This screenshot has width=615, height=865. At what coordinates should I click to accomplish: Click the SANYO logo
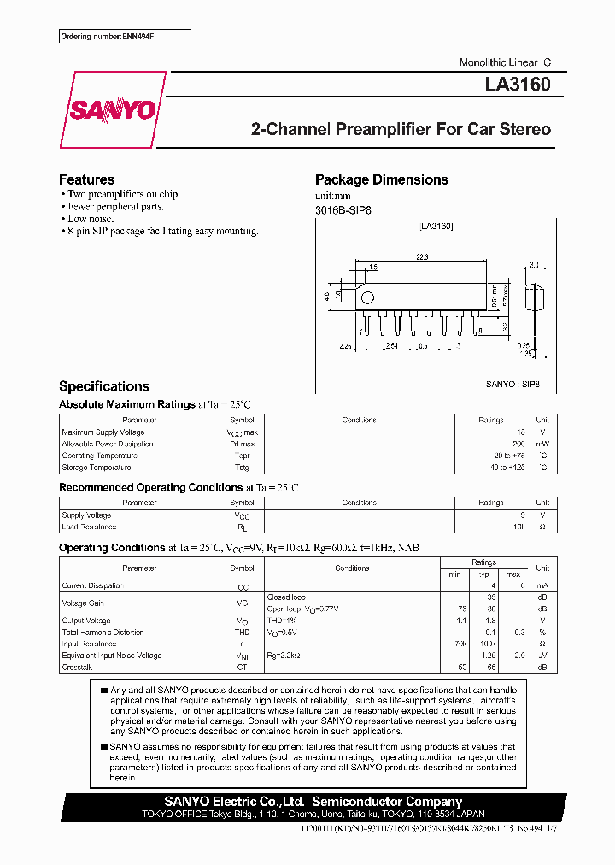coord(114,109)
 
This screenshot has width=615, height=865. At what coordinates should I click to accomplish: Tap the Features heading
coord(86,179)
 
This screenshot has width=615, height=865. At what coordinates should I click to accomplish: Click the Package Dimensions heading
coord(381,179)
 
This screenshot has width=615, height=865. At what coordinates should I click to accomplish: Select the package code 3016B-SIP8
coord(343,209)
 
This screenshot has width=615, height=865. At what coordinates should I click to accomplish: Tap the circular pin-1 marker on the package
coord(368,298)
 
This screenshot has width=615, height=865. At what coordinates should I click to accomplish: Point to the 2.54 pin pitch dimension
coord(393,345)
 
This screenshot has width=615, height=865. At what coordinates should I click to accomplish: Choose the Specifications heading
coord(104,386)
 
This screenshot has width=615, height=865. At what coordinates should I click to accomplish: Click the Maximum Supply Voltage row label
coord(103,432)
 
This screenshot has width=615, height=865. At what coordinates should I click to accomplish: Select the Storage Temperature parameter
coord(97,468)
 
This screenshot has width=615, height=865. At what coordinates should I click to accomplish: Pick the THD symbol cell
coord(242,633)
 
